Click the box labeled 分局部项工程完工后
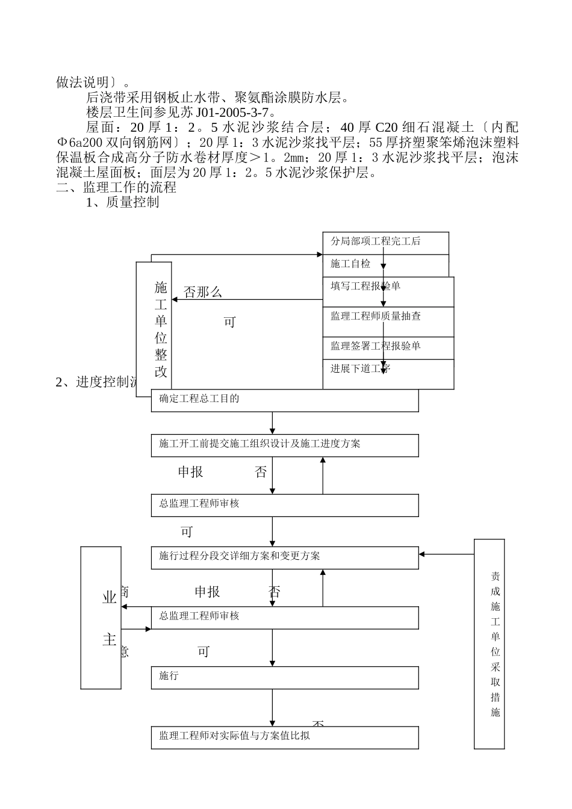385,243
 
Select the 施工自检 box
385,265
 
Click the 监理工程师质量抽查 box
388,321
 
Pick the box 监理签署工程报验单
388,348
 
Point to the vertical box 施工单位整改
154,329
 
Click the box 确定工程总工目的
285,400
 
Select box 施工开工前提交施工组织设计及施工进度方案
285,445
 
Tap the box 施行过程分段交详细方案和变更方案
285,557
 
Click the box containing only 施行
285,677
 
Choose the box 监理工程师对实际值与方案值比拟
285,737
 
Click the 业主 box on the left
101,618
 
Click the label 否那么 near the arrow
203,293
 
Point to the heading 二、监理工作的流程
116,187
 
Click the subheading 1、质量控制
123,202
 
